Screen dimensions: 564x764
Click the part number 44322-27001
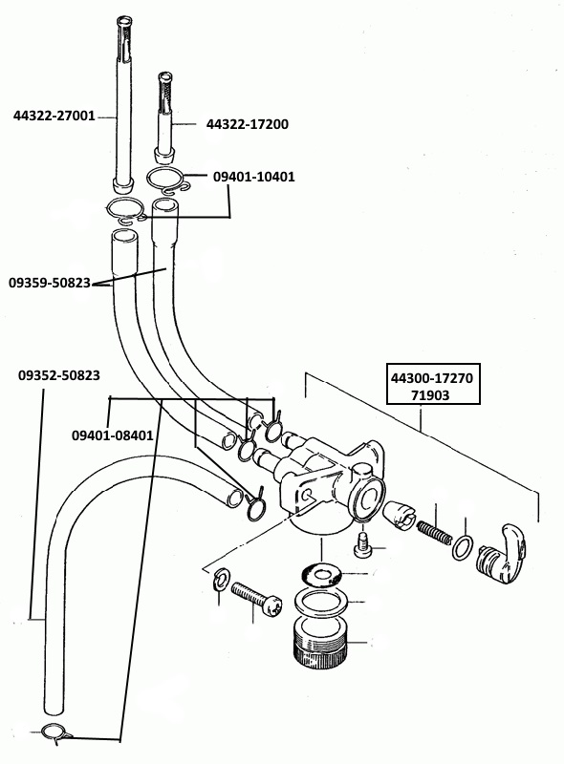click(54, 116)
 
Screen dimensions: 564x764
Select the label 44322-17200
click(248, 124)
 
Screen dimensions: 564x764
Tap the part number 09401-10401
click(254, 177)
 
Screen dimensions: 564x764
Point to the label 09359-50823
click(50, 283)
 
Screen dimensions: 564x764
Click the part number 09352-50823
click(59, 375)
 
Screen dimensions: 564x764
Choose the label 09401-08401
click(113, 435)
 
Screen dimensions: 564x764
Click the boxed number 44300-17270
click(432, 377)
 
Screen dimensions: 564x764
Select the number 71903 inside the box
click(430, 395)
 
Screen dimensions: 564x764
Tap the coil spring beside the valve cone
click(434, 533)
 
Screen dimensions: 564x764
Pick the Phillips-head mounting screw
click(256, 600)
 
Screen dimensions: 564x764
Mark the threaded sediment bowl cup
click(320, 642)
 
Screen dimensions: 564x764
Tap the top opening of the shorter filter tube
click(165, 76)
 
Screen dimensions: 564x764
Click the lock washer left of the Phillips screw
click(223, 579)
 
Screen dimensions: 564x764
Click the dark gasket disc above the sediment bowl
click(320, 576)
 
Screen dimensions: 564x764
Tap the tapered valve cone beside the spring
click(399, 515)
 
